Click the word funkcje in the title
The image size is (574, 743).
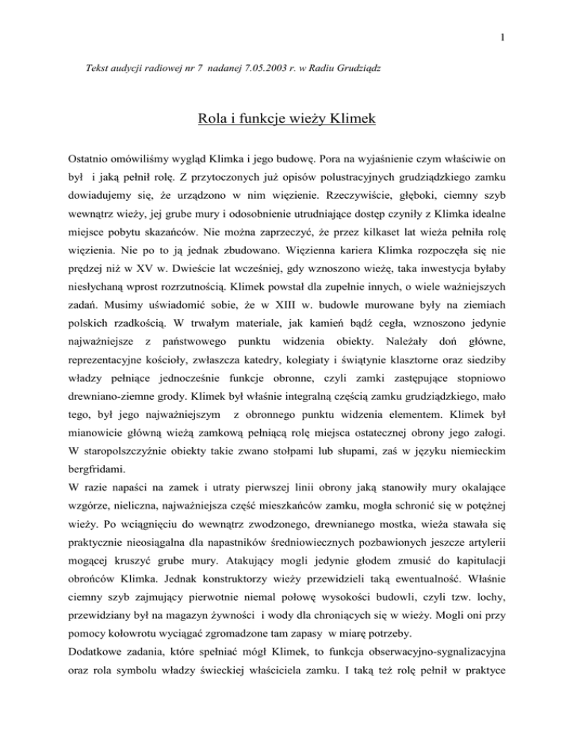pyautogui.click(x=253, y=118)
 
